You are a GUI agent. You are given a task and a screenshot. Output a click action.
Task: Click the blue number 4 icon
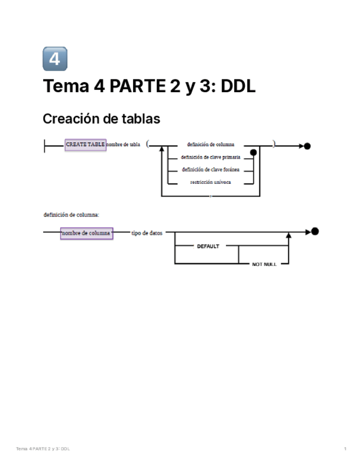point(55,59)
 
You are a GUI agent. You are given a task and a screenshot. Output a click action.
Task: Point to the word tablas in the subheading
point(143,119)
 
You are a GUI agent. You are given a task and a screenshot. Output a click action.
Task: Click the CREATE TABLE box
point(85,145)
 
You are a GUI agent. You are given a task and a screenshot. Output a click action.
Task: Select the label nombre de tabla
point(123,145)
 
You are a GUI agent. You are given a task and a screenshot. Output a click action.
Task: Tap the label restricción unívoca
point(211,182)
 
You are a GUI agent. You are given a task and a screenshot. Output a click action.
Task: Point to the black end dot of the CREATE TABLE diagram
point(307,146)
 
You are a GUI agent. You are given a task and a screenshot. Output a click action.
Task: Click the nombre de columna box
point(86,233)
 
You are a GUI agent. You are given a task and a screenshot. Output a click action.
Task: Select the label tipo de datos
point(147,233)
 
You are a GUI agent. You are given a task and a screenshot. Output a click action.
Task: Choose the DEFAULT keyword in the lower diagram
point(208,247)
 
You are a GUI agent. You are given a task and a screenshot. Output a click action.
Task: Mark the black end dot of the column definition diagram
point(315,231)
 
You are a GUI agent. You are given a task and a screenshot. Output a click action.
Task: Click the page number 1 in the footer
point(345,449)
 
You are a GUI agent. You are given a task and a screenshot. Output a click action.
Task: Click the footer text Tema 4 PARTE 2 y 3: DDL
point(43,449)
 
